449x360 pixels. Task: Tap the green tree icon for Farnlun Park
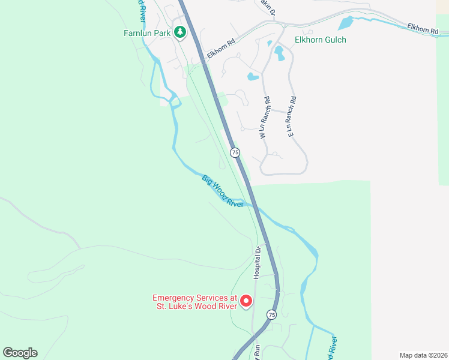pos(179,32)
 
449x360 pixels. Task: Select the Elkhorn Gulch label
pos(320,40)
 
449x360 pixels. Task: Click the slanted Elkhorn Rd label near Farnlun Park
pos(220,50)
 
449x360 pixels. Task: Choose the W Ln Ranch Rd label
pos(262,119)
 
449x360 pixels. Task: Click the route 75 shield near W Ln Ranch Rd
pos(235,152)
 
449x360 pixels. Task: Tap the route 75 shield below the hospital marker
pos(271,315)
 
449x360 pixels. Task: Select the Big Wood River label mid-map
pos(223,191)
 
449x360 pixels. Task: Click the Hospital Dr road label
pos(256,263)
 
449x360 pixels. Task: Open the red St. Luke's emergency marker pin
pos(246,301)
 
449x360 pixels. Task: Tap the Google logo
pos(20,353)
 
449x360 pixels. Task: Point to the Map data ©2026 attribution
pos(423,355)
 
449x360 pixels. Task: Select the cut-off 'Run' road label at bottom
pos(256,352)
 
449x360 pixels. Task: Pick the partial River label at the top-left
pos(142,7)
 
